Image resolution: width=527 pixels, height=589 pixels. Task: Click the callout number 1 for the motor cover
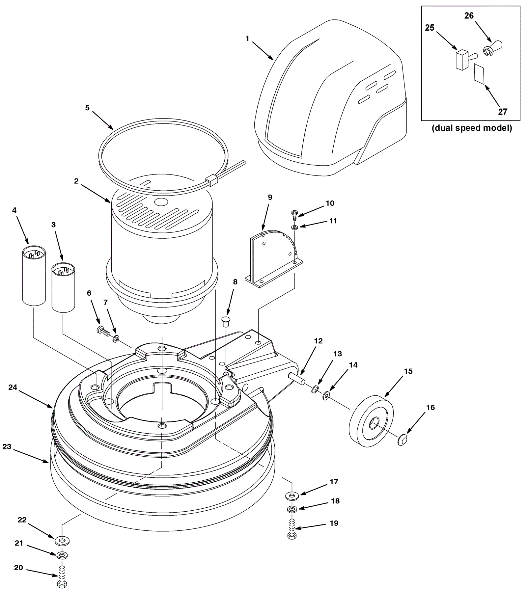[247, 39]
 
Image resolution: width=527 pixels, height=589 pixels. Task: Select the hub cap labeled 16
[402, 440]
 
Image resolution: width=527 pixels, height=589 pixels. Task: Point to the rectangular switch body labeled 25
[462, 60]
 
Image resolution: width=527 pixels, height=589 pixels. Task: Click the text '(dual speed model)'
[472, 128]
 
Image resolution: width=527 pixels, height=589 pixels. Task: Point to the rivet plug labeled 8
[226, 321]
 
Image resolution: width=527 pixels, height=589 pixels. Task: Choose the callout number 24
[13, 387]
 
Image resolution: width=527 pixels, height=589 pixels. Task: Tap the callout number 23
[7, 446]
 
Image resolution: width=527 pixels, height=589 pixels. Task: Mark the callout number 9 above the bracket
[270, 197]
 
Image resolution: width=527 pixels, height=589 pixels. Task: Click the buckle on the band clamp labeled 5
[212, 180]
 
